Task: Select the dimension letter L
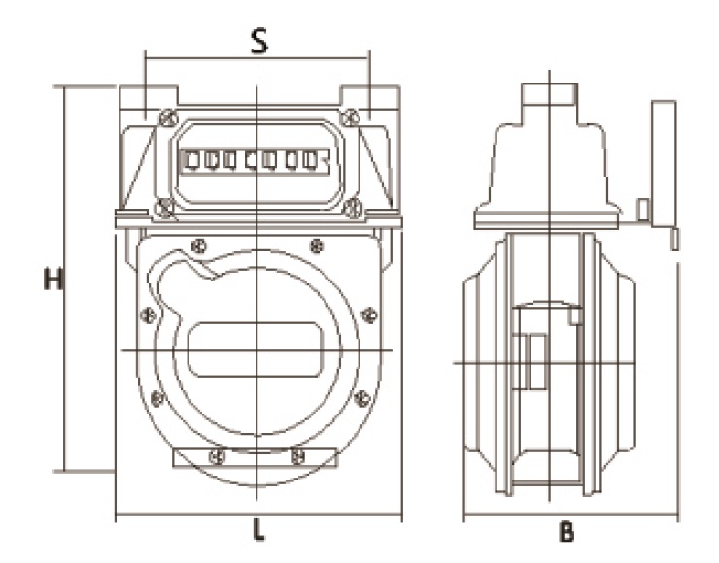point(257,530)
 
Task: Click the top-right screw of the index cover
point(348,117)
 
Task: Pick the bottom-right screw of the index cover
point(354,205)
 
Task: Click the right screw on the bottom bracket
point(298,453)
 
